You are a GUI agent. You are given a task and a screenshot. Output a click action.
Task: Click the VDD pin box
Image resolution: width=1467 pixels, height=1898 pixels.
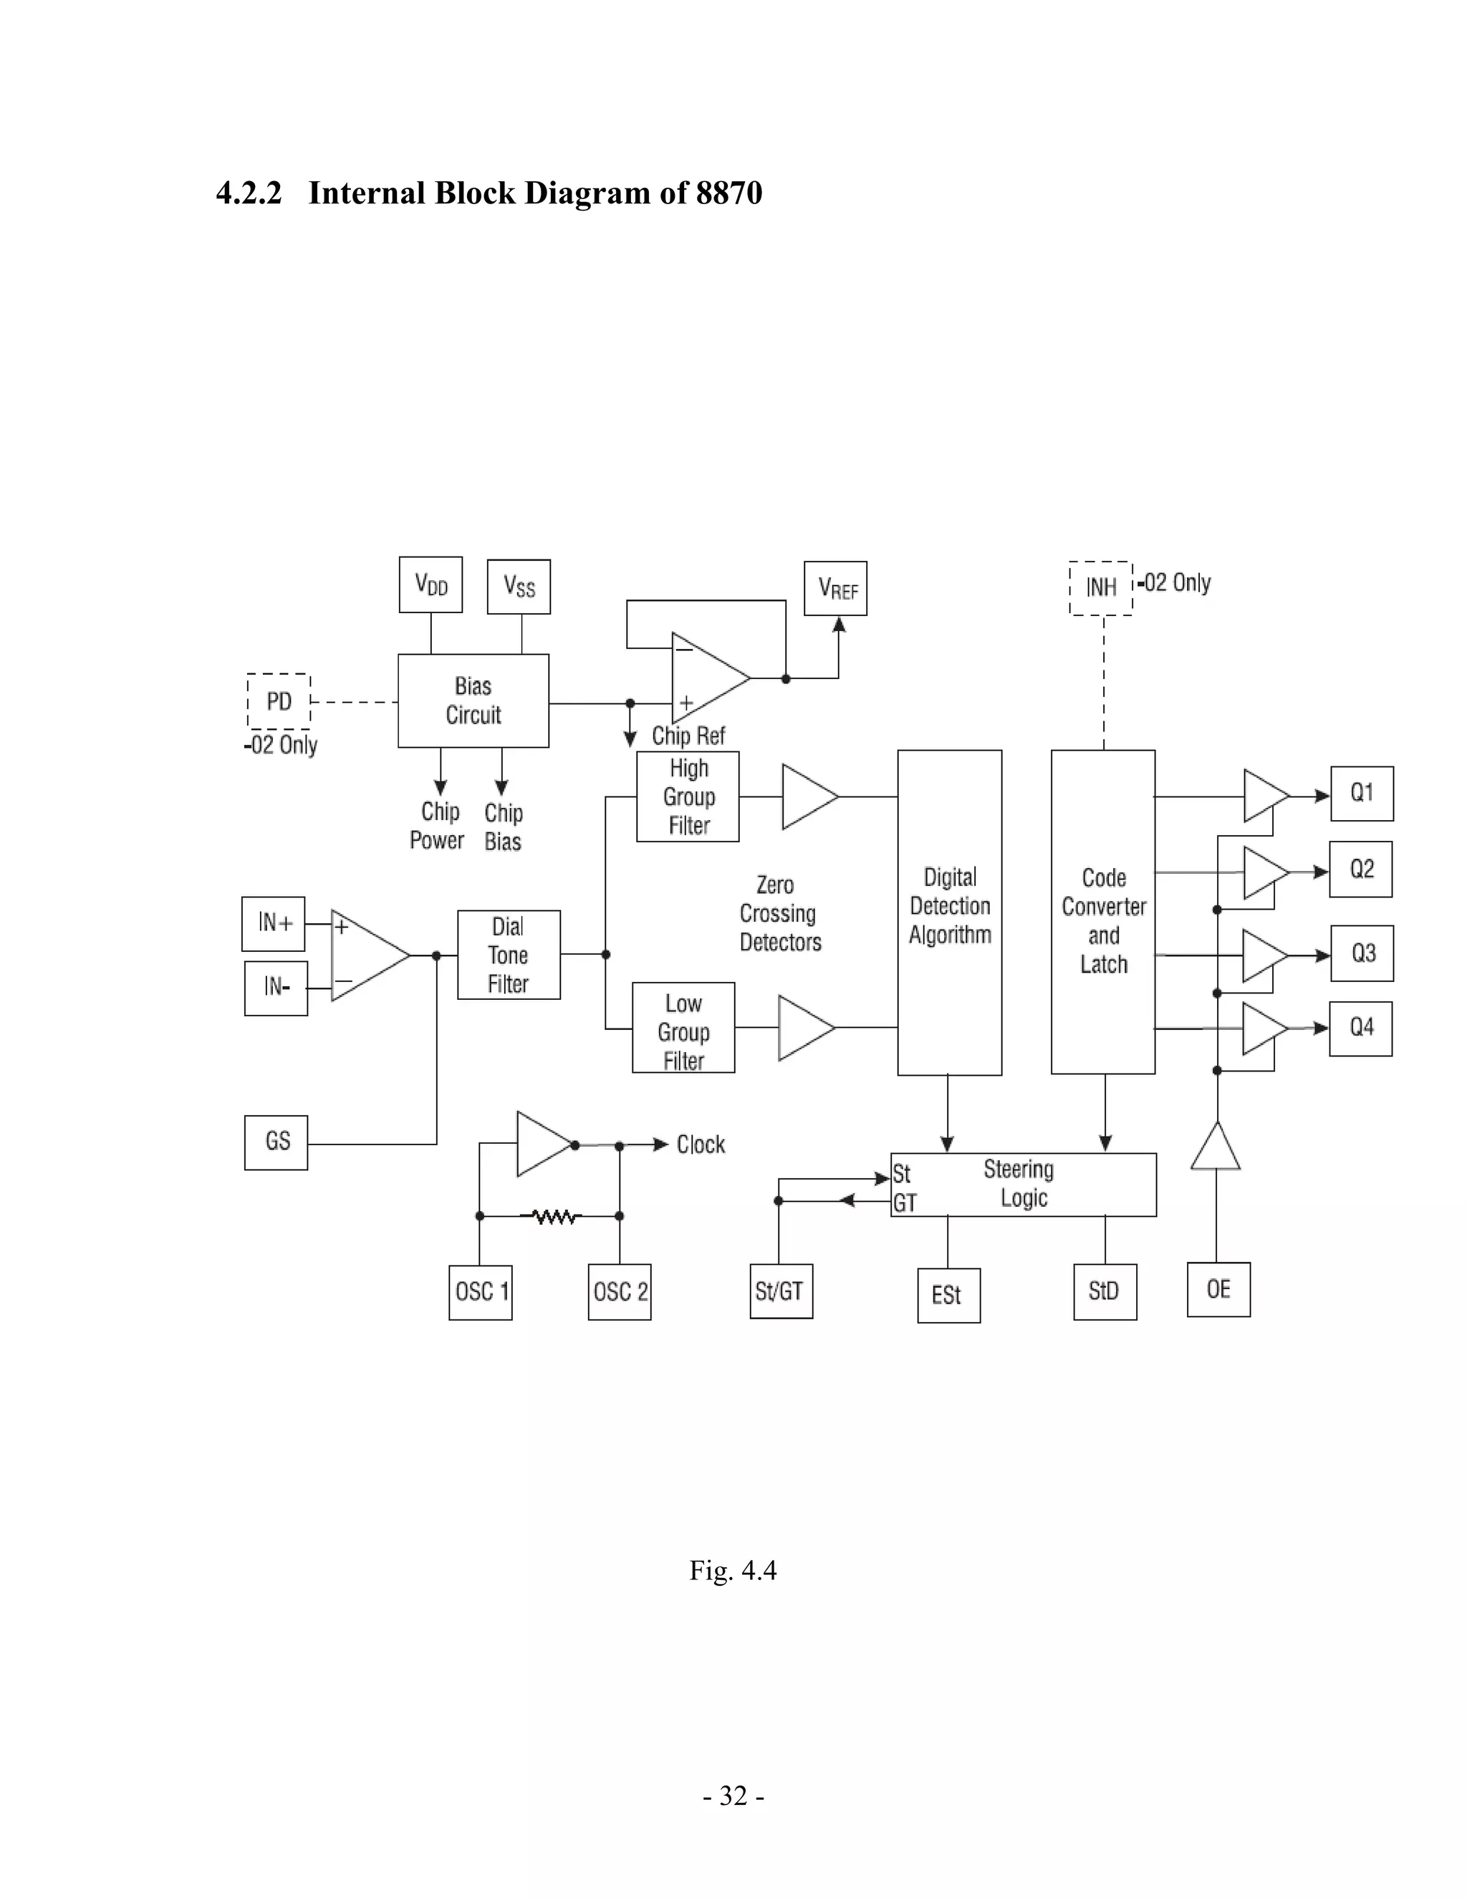(x=431, y=585)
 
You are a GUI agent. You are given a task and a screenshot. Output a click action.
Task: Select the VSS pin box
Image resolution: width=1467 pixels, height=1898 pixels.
(x=519, y=587)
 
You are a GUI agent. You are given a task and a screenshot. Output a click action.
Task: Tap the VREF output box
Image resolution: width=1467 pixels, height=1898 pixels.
(x=835, y=588)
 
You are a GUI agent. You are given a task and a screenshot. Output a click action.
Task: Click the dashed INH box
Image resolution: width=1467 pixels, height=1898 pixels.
(x=1100, y=588)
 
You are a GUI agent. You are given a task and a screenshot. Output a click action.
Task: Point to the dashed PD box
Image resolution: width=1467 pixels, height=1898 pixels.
(x=279, y=701)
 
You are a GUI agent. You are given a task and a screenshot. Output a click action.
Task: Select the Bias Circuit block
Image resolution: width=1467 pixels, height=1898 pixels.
(x=473, y=700)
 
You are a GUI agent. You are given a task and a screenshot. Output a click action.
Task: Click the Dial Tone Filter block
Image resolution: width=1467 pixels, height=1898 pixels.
(x=509, y=955)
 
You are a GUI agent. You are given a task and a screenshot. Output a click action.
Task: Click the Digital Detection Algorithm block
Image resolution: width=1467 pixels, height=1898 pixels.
(x=949, y=912)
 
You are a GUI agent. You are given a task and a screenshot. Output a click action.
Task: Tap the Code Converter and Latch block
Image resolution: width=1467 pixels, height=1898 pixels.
(x=1103, y=912)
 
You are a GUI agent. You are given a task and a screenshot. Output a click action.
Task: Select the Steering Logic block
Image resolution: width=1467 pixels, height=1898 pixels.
(x=1023, y=1185)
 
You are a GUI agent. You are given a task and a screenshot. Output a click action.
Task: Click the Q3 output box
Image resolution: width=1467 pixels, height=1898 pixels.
(x=1362, y=953)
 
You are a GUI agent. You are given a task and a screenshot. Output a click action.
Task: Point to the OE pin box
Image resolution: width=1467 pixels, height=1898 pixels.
(x=1218, y=1290)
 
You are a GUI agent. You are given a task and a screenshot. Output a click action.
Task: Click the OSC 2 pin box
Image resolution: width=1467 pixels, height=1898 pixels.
(x=620, y=1292)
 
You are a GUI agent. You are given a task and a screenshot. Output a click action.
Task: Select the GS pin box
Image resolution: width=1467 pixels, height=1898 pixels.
(x=276, y=1142)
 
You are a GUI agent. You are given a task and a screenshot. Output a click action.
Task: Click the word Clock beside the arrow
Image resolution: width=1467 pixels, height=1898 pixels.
(x=701, y=1145)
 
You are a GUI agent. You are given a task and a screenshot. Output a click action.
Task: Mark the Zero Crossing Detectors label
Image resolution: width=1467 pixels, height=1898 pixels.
(x=778, y=913)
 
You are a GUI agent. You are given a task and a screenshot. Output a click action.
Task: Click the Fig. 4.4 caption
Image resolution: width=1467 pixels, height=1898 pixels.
(x=733, y=1571)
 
